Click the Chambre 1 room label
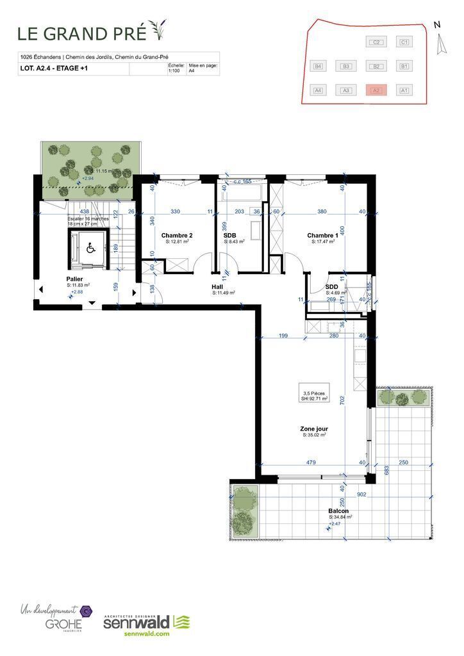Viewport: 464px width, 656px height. [320, 235]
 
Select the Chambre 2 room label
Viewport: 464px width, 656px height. [177, 235]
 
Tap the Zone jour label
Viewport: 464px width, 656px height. [314, 429]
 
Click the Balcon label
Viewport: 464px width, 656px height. [340, 511]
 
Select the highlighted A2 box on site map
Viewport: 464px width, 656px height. [376, 90]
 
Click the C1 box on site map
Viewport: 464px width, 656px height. [404, 42]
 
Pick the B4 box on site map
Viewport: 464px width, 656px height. [317, 66]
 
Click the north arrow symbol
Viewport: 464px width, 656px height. [439, 44]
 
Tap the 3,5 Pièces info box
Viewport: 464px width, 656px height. [315, 395]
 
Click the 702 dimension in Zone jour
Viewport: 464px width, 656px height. [343, 401]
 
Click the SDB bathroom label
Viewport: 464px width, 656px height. [230, 235]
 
